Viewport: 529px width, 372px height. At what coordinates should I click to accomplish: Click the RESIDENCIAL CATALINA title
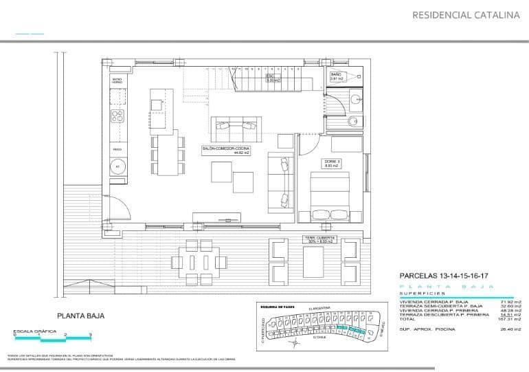tap(465, 14)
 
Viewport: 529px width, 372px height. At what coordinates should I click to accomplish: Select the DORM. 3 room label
tap(333, 163)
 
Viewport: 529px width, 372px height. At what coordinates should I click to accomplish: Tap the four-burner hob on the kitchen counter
tap(117, 116)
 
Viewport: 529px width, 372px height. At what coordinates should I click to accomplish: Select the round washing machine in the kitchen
tap(117, 166)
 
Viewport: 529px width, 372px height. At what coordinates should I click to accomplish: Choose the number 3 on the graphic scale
tap(91, 334)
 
